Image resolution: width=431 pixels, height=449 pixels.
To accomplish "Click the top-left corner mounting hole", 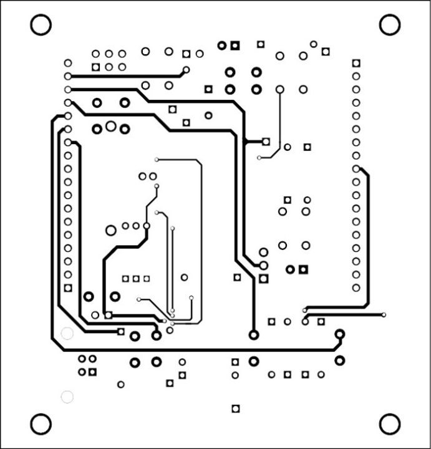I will tap(41, 25).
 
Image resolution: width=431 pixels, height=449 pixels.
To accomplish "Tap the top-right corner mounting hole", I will tap(390, 25).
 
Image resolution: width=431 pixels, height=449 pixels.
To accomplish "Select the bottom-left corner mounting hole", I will tap(41, 424).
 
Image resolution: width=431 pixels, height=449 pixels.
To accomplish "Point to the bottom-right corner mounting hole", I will tap(390, 424).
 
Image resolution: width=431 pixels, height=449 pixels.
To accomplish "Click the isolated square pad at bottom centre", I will tap(235, 408).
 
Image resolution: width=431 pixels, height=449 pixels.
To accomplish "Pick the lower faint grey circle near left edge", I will tap(67, 396).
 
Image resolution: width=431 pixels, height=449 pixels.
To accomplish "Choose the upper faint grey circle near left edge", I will tap(67, 333).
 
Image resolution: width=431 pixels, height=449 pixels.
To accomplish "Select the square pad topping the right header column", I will tap(356, 63).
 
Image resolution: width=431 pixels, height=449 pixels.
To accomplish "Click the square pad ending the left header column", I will tap(68, 288).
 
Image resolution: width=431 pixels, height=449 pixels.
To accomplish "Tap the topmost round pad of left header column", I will tap(68, 63).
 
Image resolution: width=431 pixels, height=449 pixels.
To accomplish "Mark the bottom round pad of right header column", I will tap(356, 288).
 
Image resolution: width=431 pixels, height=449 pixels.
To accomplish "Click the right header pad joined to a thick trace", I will tap(356, 168).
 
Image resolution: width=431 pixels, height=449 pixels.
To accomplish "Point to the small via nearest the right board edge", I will tap(384, 314).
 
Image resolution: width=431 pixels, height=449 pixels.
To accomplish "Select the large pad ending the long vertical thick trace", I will tap(253, 335).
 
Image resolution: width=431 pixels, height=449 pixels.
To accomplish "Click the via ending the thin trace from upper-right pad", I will tap(259, 157).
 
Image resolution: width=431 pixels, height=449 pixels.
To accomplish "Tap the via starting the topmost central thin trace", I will tap(157, 160).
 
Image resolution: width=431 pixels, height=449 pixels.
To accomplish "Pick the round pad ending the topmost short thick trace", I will tap(186, 70).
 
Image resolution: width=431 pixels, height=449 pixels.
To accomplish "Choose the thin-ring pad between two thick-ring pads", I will tap(111, 127).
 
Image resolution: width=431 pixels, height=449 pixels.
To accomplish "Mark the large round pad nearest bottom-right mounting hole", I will tap(340, 360).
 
